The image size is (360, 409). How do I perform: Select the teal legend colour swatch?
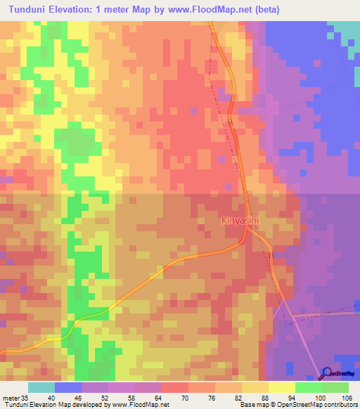(x=41, y=387)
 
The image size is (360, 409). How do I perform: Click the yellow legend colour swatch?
(x=281, y=387)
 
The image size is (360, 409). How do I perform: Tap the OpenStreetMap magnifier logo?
(x=327, y=373)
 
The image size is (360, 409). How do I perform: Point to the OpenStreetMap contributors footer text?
(x=323, y=405)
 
